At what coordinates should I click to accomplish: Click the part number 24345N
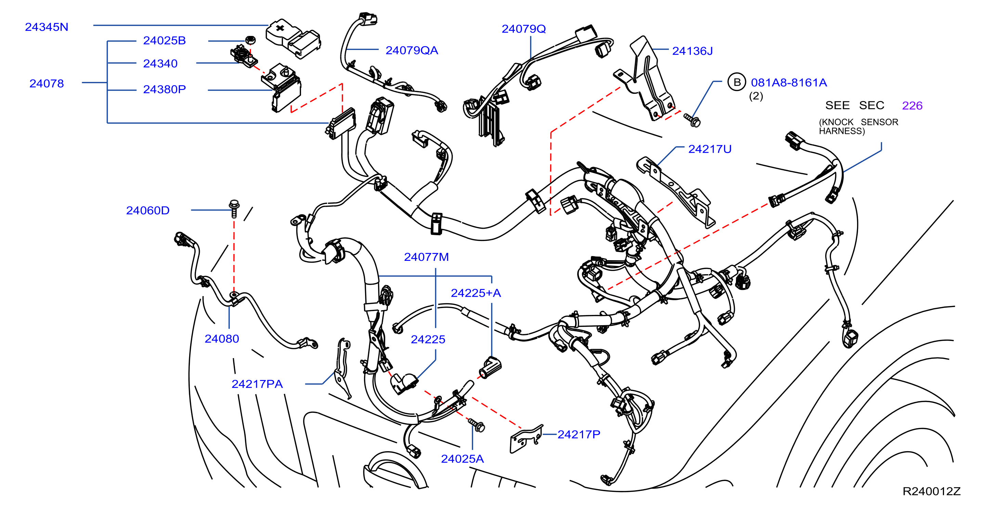point(47,27)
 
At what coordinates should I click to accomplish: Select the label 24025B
point(165,40)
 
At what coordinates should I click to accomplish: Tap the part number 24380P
point(165,89)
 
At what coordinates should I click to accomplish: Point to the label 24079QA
point(412,50)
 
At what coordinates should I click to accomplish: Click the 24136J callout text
point(692,51)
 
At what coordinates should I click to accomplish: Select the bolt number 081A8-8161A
point(789,82)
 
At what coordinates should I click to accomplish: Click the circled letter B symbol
point(737,82)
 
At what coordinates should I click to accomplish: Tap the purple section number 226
point(912,105)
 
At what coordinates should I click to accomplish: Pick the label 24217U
point(710,149)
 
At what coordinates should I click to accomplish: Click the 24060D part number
point(148,210)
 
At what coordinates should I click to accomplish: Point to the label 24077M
point(426,257)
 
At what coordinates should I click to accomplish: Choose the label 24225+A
point(476,293)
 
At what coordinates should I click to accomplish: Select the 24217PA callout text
point(257,384)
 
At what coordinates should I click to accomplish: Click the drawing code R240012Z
point(932,491)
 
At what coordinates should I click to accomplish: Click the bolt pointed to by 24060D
point(234,209)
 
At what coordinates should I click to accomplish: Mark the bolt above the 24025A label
point(477,425)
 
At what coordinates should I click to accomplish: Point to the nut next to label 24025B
point(250,40)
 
